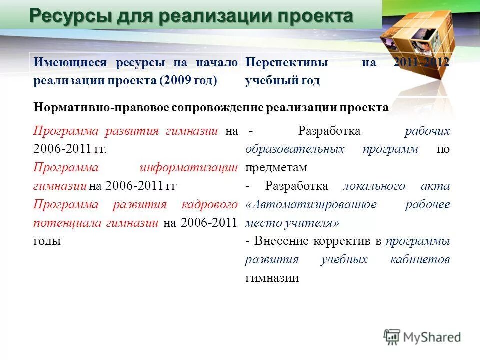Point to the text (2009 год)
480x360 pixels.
pos(188,81)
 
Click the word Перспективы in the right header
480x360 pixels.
pos(286,63)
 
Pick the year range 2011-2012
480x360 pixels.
pos(421,63)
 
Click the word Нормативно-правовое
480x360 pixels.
pos(101,108)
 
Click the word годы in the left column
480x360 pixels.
pos(47,241)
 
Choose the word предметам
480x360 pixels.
pos(276,167)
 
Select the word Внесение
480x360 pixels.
pos(281,241)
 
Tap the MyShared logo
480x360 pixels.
pos(422,337)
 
